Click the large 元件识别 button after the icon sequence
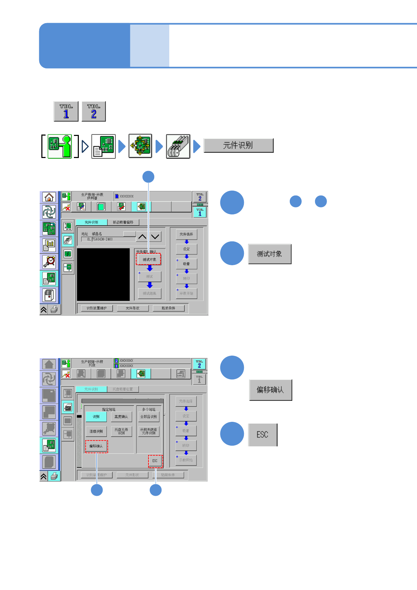click(x=238, y=145)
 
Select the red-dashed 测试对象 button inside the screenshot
click(x=149, y=259)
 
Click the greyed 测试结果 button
click(x=149, y=293)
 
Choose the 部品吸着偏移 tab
click(x=123, y=222)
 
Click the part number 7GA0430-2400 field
click(x=113, y=239)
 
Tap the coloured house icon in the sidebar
click(x=49, y=197)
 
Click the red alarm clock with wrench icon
click(x=49, y=261)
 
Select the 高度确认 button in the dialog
click(x=121, y=417)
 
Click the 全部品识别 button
click(x=149, y=417)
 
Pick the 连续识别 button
click(x=96, y=431)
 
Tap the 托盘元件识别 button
click(x=121, y=431)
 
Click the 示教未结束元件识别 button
click(x=149, y=431)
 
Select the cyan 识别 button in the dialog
click(x=96, y=417)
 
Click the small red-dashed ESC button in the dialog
click(x=155, y=461)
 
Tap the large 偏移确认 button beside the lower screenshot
click(x=270, y=390)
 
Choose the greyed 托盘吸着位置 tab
click(x=123, y=389)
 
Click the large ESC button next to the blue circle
click(x=262, y=435)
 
